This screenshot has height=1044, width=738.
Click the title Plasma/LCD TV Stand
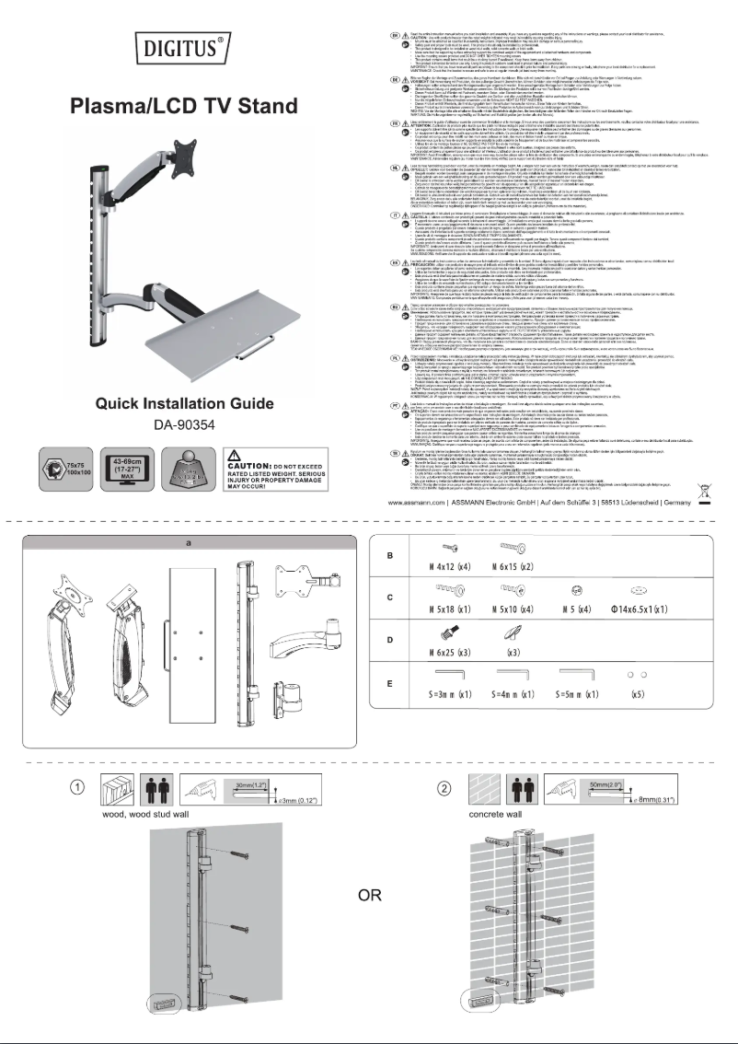point(184,105)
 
